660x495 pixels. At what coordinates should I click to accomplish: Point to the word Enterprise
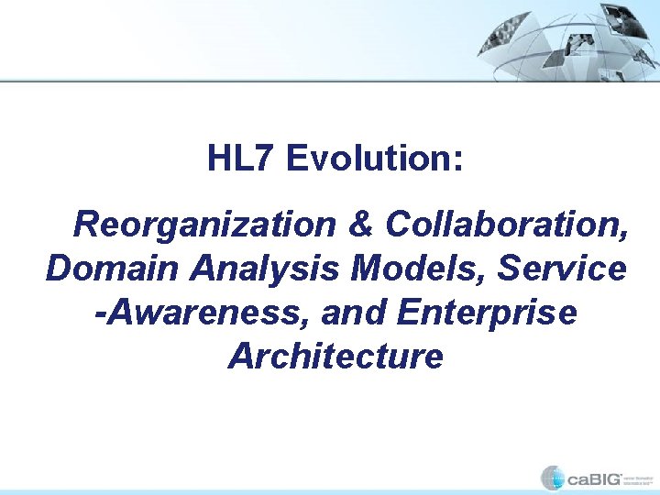488,313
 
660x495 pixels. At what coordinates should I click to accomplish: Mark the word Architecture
335,356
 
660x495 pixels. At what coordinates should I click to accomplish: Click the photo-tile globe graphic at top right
569,40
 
